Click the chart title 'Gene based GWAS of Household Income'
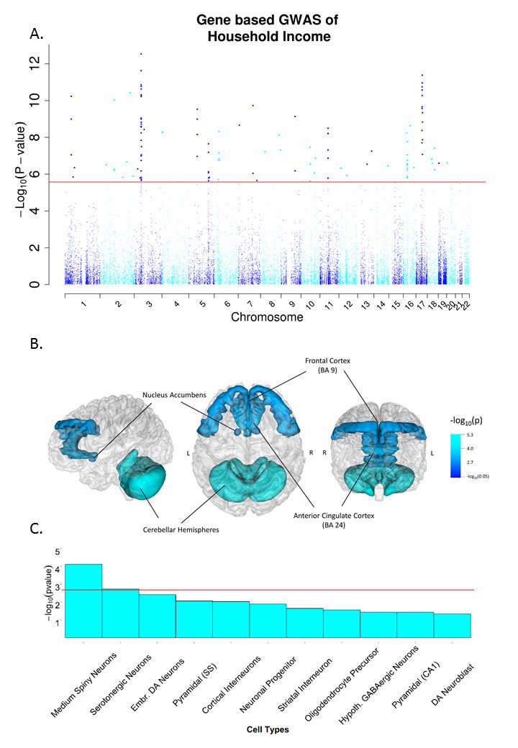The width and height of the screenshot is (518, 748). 263,27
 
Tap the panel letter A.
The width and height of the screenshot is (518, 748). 35,33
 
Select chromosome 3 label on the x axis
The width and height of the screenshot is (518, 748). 148,305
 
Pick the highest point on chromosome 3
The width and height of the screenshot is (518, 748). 141,54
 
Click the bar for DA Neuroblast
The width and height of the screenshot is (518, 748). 452,625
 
